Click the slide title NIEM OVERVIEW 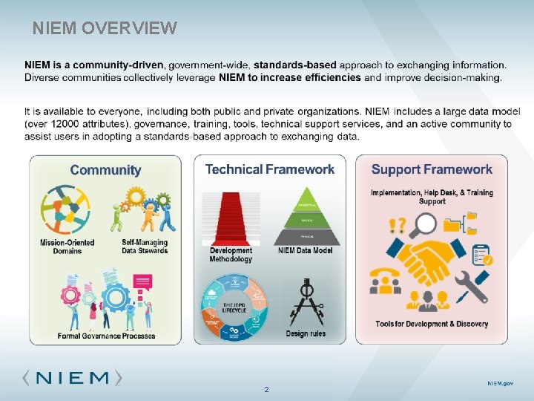point(105,28)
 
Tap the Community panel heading point(105,170)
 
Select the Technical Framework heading point(270,169)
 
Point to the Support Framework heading point(432,170)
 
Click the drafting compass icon point(306,301)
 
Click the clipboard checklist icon point(482,255)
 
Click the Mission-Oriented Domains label point(62,247)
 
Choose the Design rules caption point(306,333)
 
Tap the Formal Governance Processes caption point(107,336)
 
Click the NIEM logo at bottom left point(72,377)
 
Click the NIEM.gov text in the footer point(499,383)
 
